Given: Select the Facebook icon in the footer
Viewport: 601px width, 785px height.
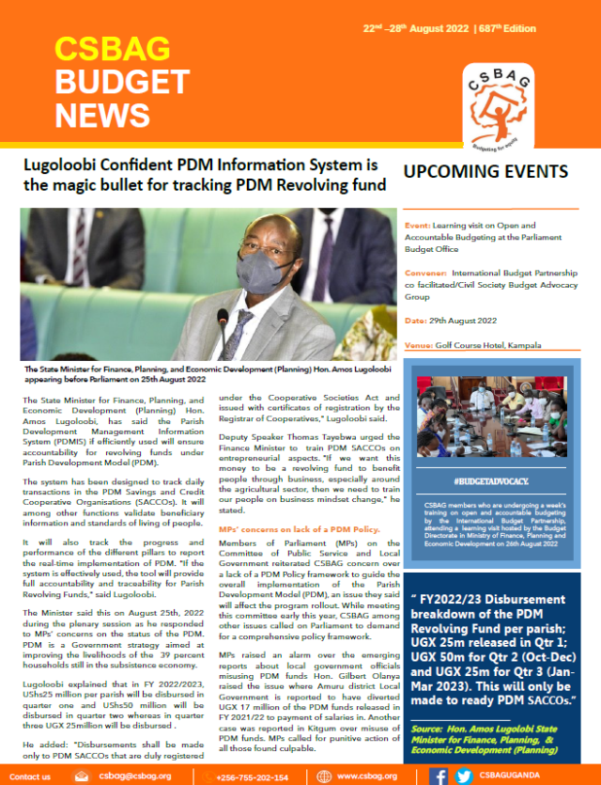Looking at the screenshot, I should [439, 776].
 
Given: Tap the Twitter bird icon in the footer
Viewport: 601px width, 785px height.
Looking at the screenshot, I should [463, 776].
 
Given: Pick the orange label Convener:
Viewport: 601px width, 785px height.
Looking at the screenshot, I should [428, 272].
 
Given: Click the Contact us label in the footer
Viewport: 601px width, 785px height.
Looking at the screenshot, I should [30, 777].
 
